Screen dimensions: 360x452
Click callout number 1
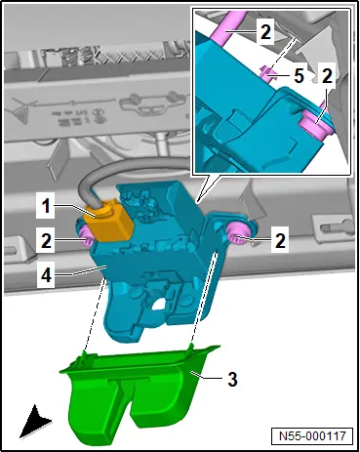[x=47, y=206]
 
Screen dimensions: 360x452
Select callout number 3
[x=232, y=379]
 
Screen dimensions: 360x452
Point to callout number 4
[x=46, y=275]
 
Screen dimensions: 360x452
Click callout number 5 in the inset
[x=299, y=76]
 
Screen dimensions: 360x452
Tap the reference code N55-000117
[x=312, y=435]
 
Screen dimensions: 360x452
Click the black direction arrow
[x=34, y=422]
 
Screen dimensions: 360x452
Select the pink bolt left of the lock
[x=85, y=235]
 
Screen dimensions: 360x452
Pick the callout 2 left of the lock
[x=47, y=241]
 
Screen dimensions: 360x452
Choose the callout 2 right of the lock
[x=280, y=241]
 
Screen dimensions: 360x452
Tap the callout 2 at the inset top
[x=265, y=32]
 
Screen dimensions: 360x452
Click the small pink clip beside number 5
[x=266, y=75]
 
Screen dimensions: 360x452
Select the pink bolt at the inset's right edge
[x=315, y=123]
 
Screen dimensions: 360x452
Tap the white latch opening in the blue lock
[x=158, y=305]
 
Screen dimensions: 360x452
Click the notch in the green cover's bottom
[x=126, y=407]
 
